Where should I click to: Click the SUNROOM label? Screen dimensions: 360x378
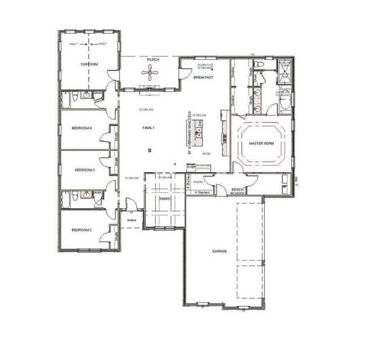[89, 64]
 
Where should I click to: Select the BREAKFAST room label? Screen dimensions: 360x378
[203, 78]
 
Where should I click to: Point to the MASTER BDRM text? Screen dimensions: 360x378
[261, 143]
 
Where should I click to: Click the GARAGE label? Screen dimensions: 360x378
[220, 251]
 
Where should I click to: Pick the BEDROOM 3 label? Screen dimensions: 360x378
[83, 170]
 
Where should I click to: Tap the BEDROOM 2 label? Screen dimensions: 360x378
[81, 230]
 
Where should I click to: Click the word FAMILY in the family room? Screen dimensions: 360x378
[148, 127]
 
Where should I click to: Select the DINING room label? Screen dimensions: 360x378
[164, 198]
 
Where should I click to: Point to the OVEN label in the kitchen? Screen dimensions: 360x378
[191, 167]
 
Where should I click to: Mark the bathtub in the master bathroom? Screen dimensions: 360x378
[284, 101]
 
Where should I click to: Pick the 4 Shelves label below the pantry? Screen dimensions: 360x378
[202, 192]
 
